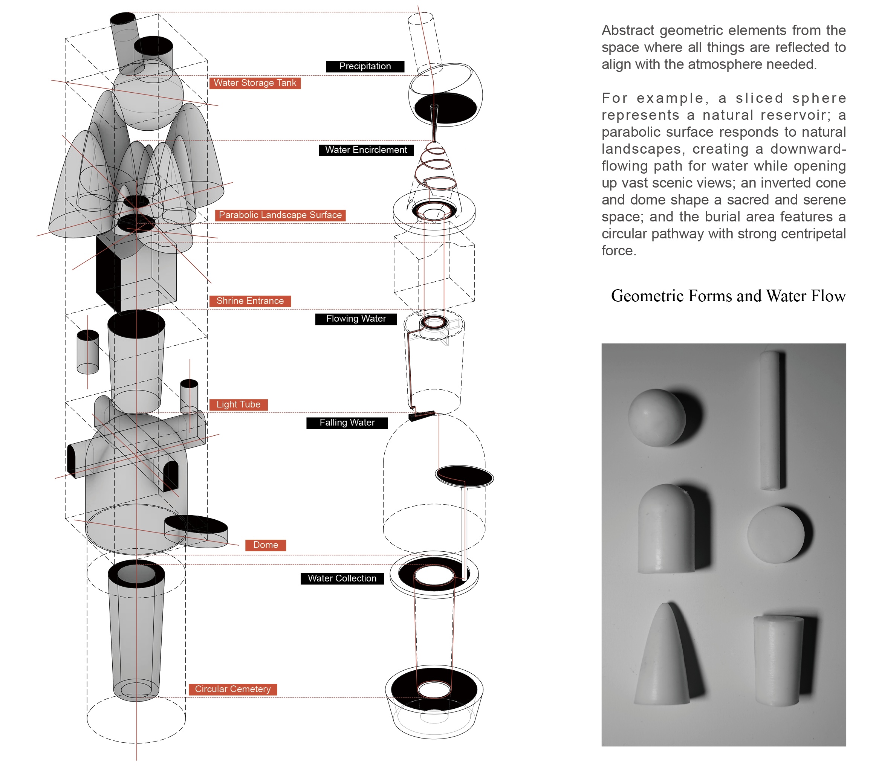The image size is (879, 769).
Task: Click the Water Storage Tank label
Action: tap(255, 83)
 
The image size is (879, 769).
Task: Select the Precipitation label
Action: tap(365, 67)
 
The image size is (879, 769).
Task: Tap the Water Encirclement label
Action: tap(366, 150)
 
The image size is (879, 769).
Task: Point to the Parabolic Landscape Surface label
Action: tap(280, 215)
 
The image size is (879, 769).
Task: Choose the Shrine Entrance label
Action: tap(250, 301)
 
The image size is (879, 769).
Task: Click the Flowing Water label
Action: tap(356, 319)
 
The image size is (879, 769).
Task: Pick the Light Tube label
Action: tap(238, 405)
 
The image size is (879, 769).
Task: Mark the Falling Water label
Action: tap(347, 423)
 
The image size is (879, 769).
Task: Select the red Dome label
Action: tap(265, 545)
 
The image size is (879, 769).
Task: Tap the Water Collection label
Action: tap(342, 578)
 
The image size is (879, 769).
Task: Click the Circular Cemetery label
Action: tap(233, 689)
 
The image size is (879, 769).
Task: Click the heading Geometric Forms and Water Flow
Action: tap(728, 296)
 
